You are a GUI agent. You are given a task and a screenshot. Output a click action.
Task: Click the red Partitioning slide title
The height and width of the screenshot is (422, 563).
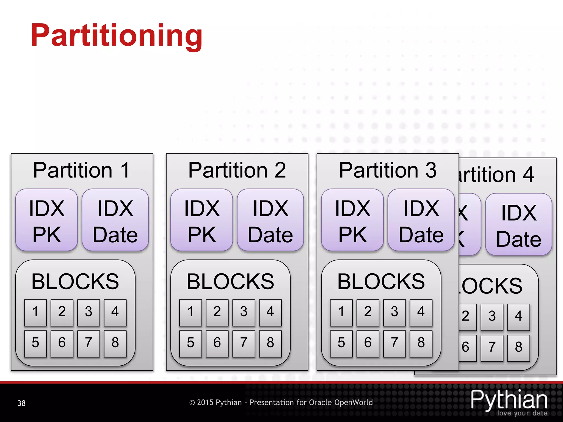click(117, 36)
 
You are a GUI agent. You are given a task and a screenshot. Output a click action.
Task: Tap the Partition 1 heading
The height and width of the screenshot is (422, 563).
click(81, 170)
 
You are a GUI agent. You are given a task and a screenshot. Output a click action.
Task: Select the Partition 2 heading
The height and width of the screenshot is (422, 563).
click(237, 170)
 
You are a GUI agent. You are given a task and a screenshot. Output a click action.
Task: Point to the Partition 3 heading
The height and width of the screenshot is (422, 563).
click(388, 170)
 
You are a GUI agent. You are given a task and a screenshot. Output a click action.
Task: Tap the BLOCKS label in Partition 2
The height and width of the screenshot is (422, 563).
click(230, 282)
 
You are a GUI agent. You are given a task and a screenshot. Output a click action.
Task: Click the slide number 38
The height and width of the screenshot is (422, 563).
click(21, 403)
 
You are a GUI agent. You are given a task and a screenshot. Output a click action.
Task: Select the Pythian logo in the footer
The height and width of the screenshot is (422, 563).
click(509, 402)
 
